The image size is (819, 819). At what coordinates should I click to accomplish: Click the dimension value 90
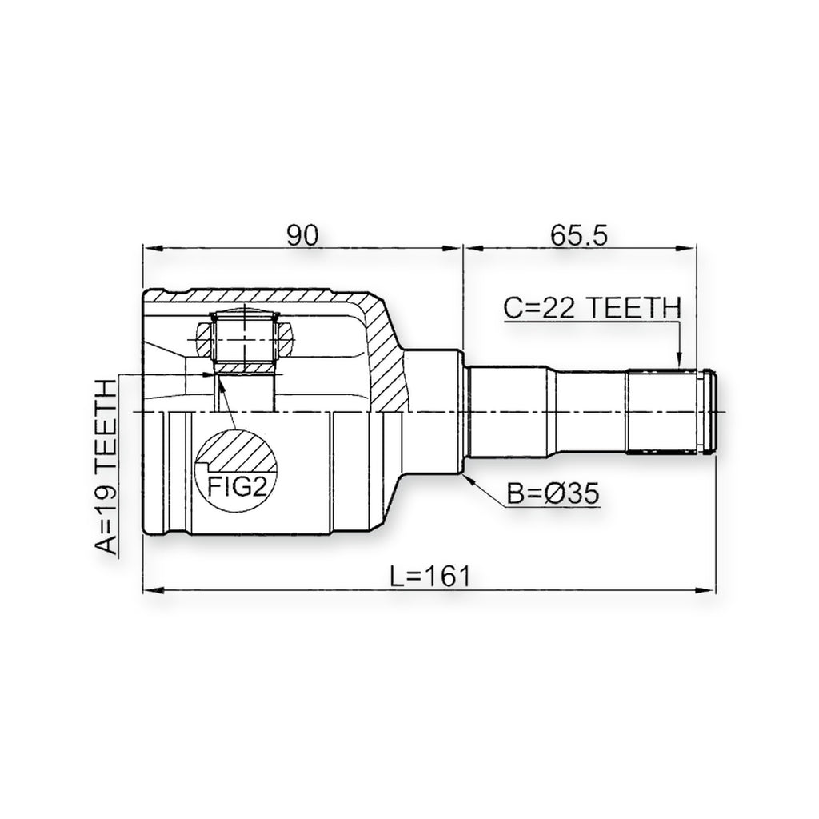[302, 236]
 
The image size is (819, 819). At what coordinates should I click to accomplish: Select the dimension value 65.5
[579, 236]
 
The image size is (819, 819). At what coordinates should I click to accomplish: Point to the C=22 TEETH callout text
[593, 308]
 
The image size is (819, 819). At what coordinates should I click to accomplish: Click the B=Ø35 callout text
[553, 493]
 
